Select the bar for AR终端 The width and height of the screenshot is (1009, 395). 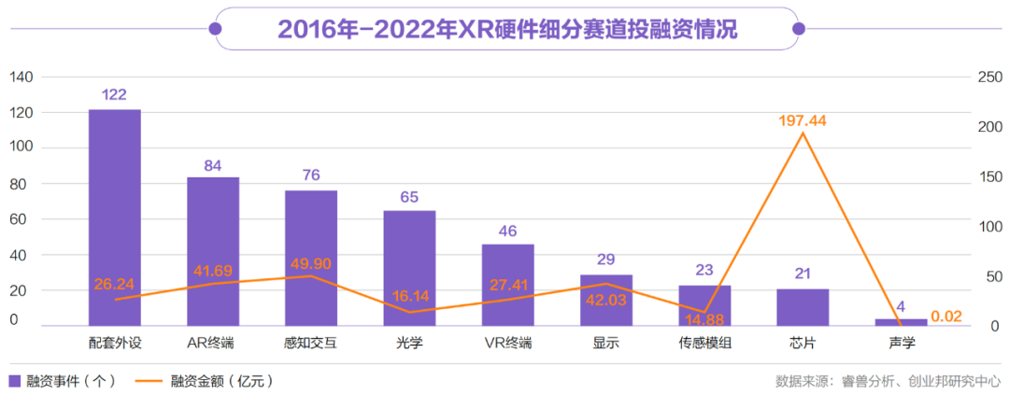click(213, 251)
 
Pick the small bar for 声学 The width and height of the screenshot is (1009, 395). click(901, 322)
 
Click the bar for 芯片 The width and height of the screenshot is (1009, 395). click(803, 307)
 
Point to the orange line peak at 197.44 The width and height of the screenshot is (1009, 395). click(803, 134)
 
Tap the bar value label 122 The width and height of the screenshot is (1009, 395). click(115, 94)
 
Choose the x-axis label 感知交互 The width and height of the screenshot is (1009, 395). click(311, 343)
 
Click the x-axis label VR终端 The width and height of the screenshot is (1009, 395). click(507, 343)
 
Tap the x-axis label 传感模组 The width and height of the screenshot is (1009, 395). click(704, 343)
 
